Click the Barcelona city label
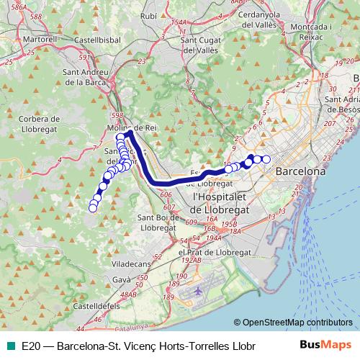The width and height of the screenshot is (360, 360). pyautogui.click(x=300, y=172)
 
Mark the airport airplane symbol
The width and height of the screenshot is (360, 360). pyautogui.click(x=199, y=292)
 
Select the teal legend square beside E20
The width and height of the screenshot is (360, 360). pyautogui.click(x=10, y=346)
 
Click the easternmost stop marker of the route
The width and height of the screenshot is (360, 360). pyautogui.click(x=266, y=159)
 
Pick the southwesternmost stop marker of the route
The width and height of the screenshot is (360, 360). pyautogui.click(x=93, y=208)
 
